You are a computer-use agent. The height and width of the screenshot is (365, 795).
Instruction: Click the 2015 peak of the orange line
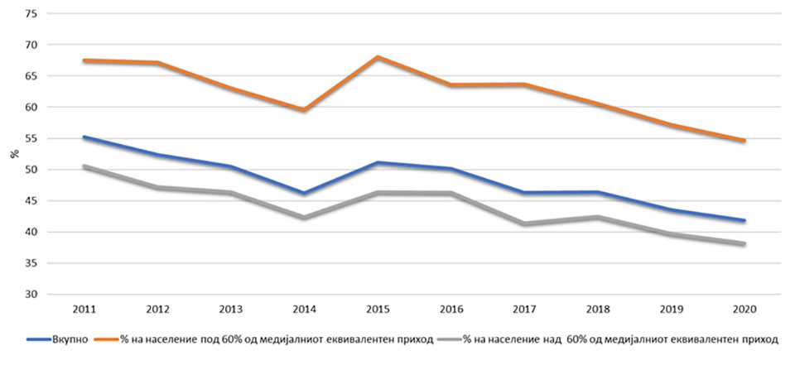point(377,57)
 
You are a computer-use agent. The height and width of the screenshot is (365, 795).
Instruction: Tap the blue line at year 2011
point(84,137)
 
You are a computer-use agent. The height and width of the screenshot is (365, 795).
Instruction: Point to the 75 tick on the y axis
point(31,14)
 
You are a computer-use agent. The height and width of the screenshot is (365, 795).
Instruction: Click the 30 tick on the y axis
point(31,295)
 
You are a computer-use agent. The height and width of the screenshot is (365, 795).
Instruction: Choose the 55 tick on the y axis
point(31,138)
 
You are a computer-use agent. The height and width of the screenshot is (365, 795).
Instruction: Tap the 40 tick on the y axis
point(31,232)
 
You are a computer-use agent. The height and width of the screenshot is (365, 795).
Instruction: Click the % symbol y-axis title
point(14,154)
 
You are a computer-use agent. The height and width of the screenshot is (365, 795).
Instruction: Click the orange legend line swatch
point(105,339)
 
